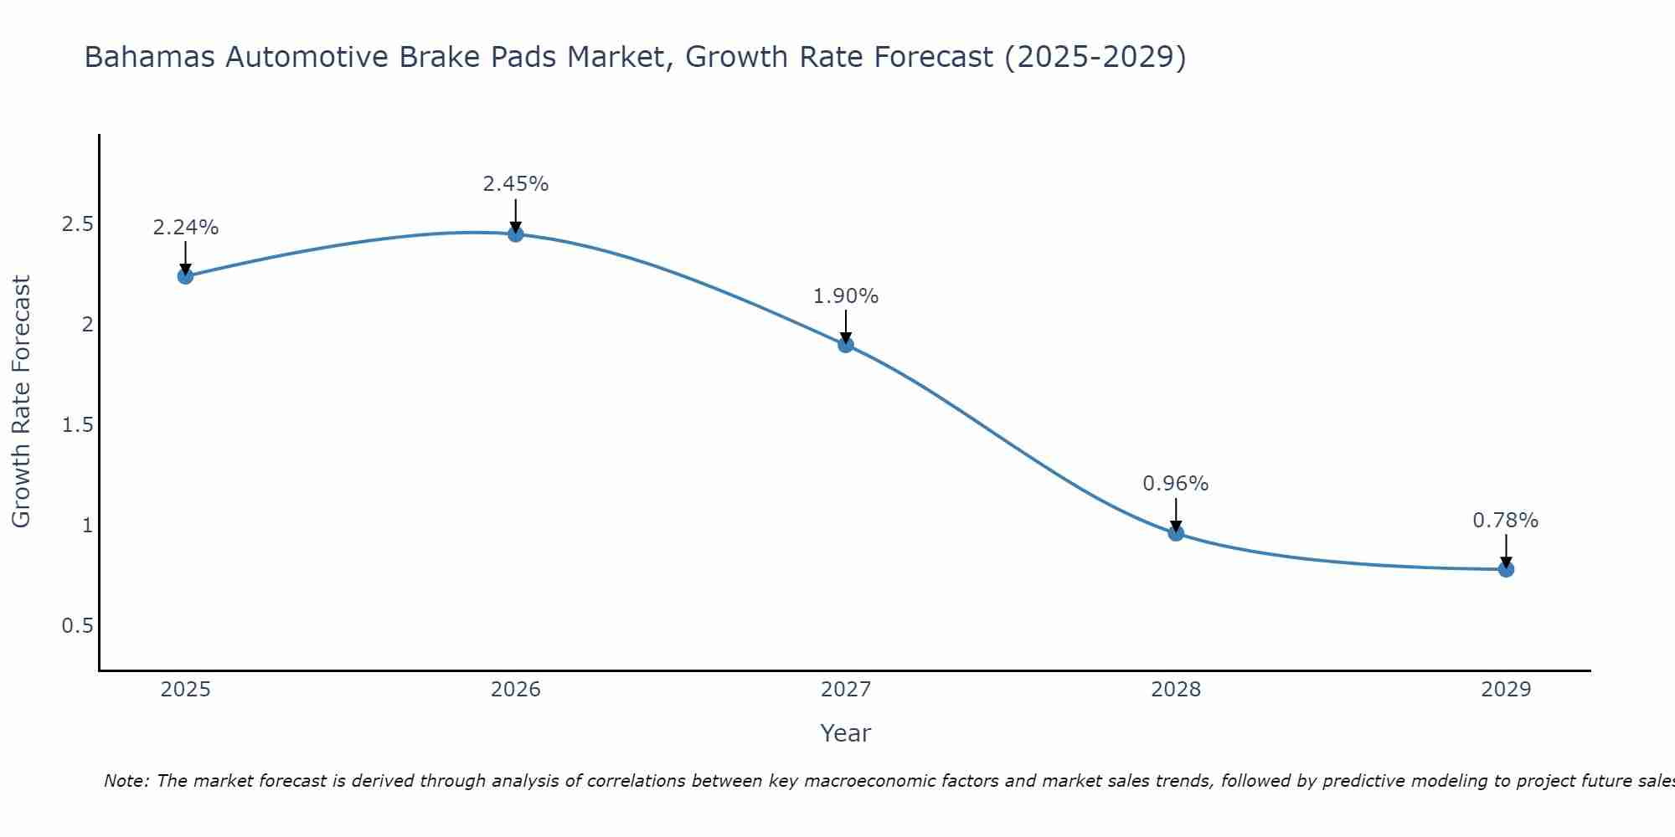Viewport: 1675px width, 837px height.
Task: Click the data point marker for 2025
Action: click(x=185, y=276)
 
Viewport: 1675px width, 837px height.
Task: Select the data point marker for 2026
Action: click(x=516, y=234)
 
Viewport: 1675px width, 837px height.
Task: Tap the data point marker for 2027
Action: click(x=846, y=344)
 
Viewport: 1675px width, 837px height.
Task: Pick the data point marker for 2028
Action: click(x=1176, y=533)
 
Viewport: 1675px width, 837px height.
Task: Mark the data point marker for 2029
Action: click(x=1506, y=569)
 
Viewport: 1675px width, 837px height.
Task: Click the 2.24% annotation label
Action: click(x=185, y=228)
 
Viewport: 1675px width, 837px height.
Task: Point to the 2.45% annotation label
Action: click(x=516, y=184)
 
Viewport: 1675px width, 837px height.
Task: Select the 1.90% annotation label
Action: click(x=846, y=296)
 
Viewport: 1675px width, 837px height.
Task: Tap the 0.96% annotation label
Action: click(x=1176, y=484)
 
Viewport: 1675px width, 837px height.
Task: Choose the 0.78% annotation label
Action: click(x=1506, y=521)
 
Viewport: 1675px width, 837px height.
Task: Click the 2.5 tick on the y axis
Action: click(x=77, y=224)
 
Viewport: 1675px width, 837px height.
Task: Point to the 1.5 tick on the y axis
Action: click(x=77, y=425)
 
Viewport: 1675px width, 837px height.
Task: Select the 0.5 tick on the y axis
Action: click(x=77, y=626)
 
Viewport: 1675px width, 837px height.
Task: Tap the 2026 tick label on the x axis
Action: click(x=516, y=690)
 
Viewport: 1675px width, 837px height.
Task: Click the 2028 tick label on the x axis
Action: click(x=1176, y=690)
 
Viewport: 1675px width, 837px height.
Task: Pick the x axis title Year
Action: click(x=846, y=733)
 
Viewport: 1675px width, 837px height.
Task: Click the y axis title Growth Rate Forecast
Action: click(x=22, y=402)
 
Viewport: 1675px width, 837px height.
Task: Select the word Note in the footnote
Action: click(x=126, y=781)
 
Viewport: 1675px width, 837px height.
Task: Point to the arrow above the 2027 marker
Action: click(x=846, y=326)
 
